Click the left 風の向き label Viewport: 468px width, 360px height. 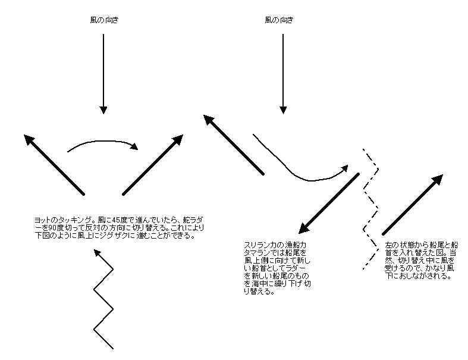tap(104, 20)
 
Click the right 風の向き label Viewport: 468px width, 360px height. tap(279, 20)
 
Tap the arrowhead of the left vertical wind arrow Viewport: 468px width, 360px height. tap(103, 109)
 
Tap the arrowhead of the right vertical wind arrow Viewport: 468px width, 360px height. tap(283, 109)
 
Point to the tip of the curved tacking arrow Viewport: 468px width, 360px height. tap(137, 149)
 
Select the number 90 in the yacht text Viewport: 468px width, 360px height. tap(52, 228)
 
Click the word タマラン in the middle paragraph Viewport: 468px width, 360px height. tap(256, 253)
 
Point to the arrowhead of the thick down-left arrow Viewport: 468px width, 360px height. tap(304, 228)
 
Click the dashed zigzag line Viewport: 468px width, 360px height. tap(370, 209)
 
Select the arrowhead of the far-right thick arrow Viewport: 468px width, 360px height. tap(438, 180)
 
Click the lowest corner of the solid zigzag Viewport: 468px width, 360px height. tap(95, 330)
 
